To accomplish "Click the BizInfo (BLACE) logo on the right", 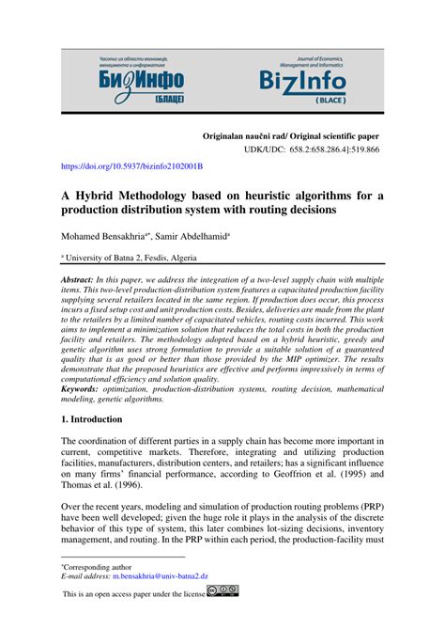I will pyautogui.click(x=302, y=74).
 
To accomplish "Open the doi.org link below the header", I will pyautogui.click(x=131, y=166).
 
